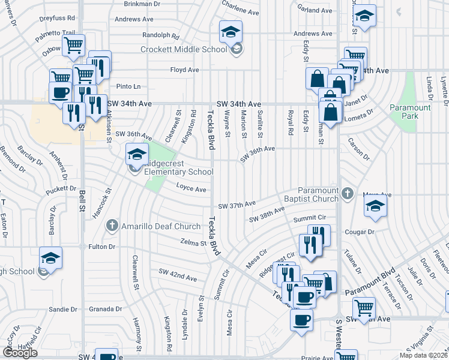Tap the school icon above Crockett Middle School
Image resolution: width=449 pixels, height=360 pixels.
231,32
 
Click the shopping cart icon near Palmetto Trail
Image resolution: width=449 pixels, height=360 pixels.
73,44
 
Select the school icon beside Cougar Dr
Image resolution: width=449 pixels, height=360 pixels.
375,206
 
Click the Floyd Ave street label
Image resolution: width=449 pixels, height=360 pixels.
184,70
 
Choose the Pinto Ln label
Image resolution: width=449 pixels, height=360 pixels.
128,86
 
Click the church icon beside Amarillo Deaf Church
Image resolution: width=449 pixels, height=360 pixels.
110,226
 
